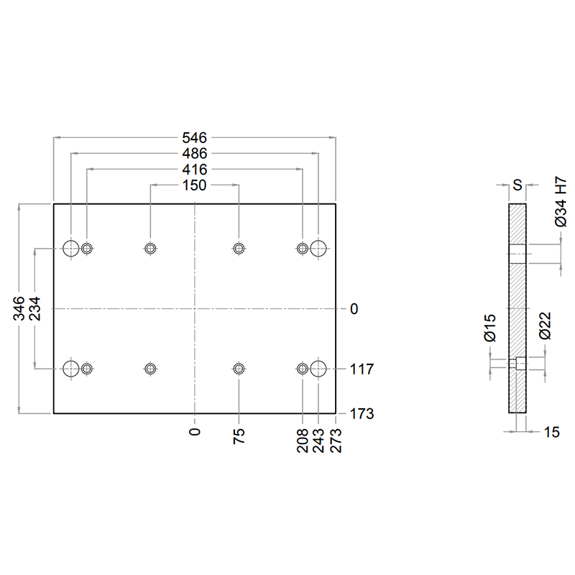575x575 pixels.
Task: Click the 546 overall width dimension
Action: point(194,138)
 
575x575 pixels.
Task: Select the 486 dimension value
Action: point(194,154)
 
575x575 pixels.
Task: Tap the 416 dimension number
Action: point(194,170)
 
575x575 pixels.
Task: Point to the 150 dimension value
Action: point(194,185)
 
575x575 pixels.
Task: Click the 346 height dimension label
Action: point(19,308)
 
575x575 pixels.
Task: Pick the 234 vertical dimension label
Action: point(34,308)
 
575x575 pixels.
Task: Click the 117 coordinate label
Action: point(362,369)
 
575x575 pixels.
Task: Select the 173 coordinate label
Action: point(362,414)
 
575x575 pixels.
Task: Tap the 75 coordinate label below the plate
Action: point(239,436)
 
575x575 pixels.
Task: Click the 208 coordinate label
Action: point(303,441)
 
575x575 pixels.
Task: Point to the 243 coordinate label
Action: point(318,441)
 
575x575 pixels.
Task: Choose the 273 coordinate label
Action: point(336,441)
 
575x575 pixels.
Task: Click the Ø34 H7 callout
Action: point(561,202)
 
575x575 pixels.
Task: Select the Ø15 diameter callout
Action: point(490,328)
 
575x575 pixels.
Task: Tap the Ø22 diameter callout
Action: point(546,326)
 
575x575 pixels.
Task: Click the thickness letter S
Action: point(517,185)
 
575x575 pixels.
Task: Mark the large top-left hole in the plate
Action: point(71,249)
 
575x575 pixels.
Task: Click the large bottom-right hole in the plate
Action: point(318,369)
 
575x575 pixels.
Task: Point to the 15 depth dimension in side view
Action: point(552,432)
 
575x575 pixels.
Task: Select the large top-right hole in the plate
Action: point(318,249)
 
